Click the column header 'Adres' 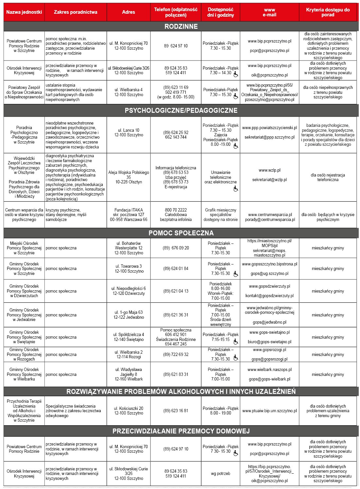click(x=129, y=12)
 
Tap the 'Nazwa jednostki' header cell click(x=24, y=12)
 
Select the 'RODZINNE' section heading click(x=181, y=26)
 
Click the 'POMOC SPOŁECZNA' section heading click(x=181, y=233)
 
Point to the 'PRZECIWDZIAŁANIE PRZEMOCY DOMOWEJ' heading click(x=181, y=431)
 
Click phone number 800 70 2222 click(x=176, y=210)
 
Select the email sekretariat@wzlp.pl click(x=269, y=180)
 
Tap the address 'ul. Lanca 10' click(x=129, y=130)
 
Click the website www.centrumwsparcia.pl click(x=270, y=215)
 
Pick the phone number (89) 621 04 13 click(x=176, y=291)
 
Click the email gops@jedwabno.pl click(x=269, y=322)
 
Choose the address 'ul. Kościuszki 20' click(x=129, y=408)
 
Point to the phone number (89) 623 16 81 click(x=176, y=411)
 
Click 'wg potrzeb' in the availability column click(x=220, y=474)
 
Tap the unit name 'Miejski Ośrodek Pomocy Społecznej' click(x=24, y=248)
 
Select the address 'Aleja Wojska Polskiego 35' click(x=129, y=175)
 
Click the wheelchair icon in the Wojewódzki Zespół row click(x=236, y=189)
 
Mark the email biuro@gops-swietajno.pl click(x=269, y=342)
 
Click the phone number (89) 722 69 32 click(x=176, y=354)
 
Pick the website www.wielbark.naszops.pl click(x=269, y=370)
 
